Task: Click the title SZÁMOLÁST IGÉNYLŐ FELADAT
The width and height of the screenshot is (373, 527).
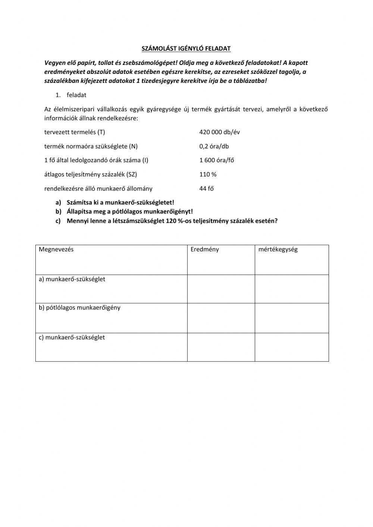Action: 186,48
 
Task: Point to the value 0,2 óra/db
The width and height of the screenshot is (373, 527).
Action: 214,147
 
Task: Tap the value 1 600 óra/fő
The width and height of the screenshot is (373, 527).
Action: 217,160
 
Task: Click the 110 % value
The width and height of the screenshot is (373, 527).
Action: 208,175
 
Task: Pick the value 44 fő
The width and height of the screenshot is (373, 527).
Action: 206,189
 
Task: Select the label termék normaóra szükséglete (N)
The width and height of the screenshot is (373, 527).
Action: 88,147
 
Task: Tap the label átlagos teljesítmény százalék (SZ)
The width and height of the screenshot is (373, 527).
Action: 88,175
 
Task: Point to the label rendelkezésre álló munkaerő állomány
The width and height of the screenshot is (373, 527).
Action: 98,189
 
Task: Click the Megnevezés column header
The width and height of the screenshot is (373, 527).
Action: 56,250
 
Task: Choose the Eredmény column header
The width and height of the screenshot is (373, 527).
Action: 204,250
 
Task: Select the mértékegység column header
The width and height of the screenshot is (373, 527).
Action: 278,250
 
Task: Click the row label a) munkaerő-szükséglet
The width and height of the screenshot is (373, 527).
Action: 72,279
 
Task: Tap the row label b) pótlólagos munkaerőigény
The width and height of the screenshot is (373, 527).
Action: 79,308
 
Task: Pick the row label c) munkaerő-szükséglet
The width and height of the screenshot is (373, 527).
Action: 72,338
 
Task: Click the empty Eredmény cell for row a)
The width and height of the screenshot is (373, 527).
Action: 221,289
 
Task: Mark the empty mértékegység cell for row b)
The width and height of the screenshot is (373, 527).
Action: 292,318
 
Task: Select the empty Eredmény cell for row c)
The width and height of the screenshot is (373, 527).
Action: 221,347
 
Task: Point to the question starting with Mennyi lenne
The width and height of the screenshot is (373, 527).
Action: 172,221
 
